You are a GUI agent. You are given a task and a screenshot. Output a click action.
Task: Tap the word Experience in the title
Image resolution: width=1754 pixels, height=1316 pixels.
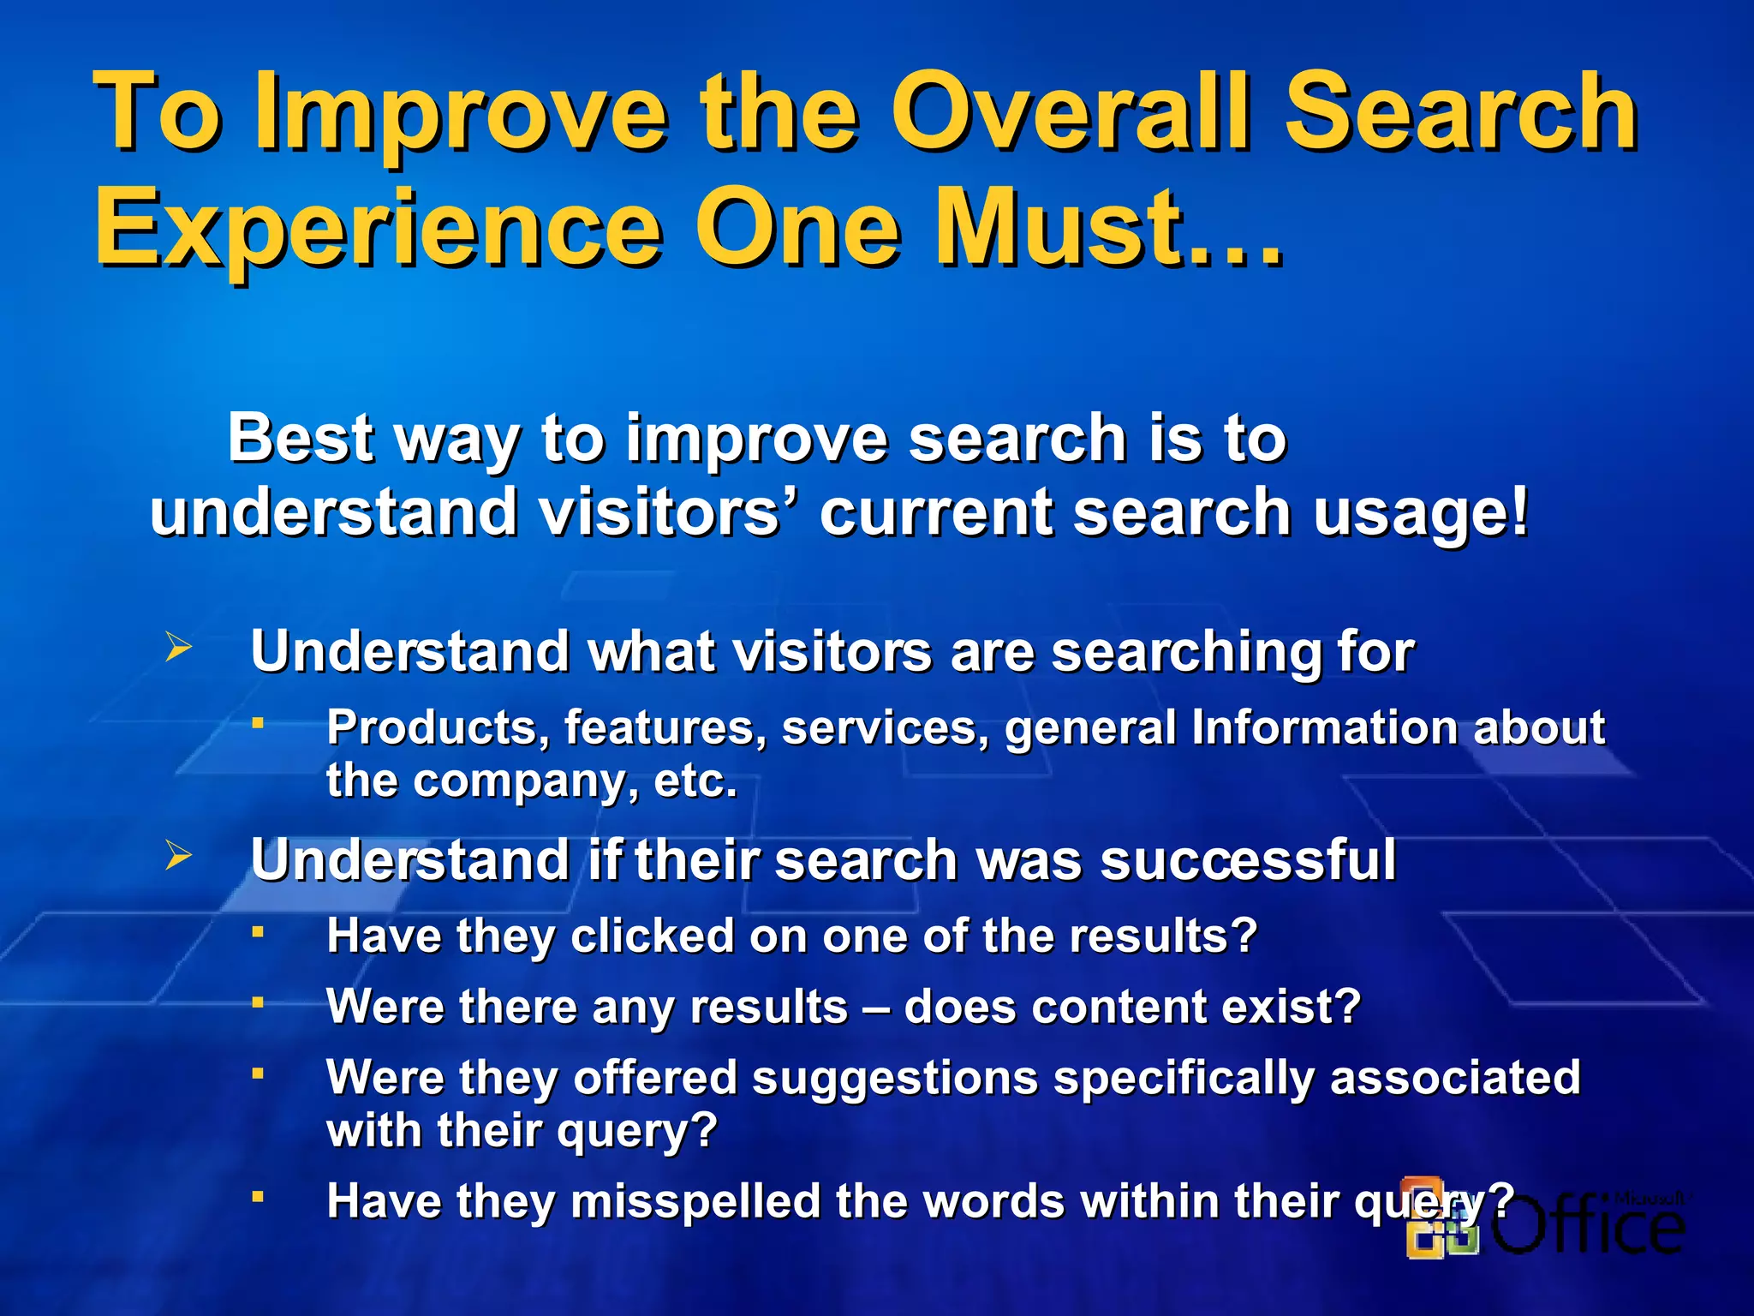[x=377, y=230]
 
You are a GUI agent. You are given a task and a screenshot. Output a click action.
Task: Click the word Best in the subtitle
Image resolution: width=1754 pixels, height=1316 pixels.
[x=300, y=439]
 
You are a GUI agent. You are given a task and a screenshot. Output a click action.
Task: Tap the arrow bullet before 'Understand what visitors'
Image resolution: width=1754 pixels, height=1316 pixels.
[x=178, y=647]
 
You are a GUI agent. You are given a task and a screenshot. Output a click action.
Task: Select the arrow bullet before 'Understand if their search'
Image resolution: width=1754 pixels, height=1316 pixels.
[x=178, y=855]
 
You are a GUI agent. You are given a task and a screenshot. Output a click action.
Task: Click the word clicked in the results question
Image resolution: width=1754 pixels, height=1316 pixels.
[x=652, y=936]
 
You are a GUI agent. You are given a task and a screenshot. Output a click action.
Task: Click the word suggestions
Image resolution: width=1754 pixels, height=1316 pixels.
[x=895, y=1077]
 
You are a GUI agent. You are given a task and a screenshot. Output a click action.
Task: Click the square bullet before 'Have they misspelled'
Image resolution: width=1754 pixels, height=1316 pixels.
[x=257, y=1195]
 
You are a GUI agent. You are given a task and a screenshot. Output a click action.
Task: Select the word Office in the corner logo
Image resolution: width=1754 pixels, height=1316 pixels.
[x=1589, y=1225]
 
